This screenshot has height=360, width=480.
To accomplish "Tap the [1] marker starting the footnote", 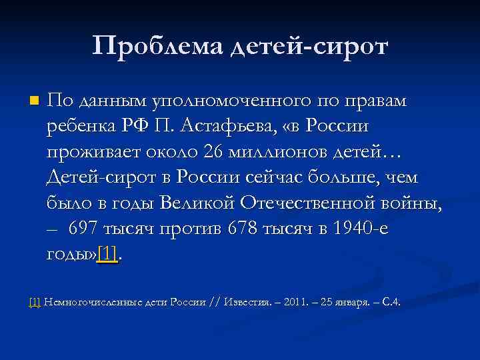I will click(x=35, y=302).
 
